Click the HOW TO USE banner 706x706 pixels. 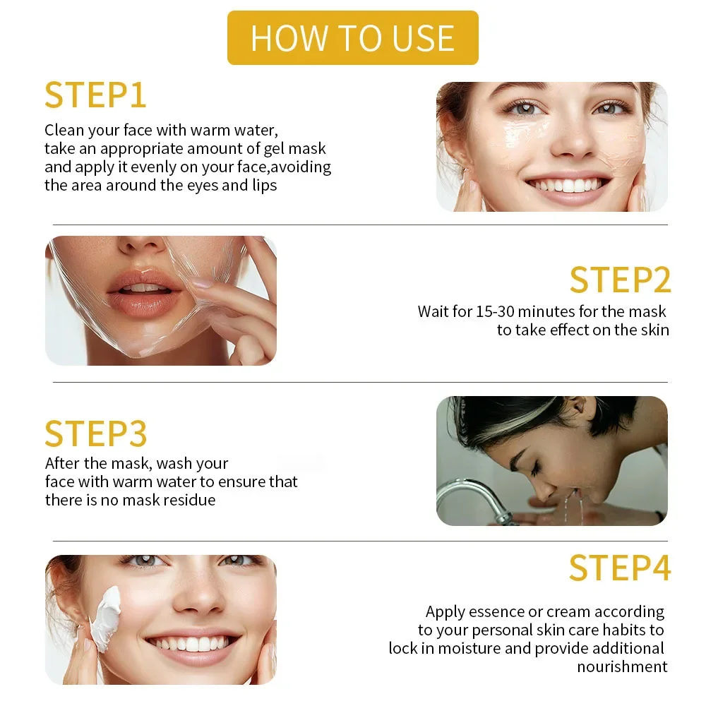tap(352, 38)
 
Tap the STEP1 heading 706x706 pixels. tap(95, 95)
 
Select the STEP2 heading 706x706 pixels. tap(620, 280)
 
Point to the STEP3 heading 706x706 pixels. tap(96, 433)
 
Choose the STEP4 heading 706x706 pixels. tap(620, 568)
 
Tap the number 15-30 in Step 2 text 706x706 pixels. tap(495, 311)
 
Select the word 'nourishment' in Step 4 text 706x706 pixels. tap(622, 666)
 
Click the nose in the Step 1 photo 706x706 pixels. tap(572, 140)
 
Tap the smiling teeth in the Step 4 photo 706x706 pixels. tap(193, 643)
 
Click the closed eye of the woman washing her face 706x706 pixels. tap(535, 469)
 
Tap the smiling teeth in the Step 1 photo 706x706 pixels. tap(568, 185)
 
